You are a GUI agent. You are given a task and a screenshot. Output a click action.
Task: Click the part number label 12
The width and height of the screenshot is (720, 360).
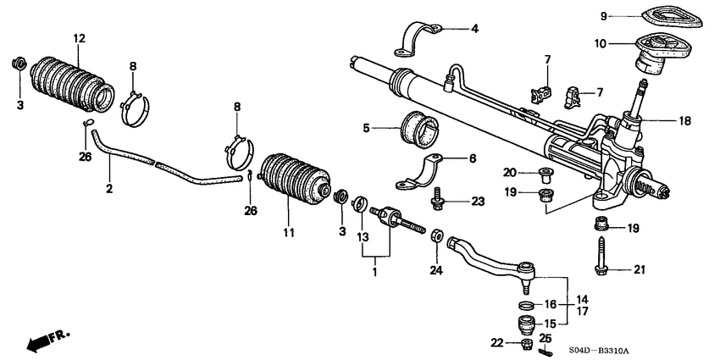pos(79,39)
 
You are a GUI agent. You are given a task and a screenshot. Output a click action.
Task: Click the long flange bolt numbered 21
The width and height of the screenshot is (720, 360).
pos(601,256)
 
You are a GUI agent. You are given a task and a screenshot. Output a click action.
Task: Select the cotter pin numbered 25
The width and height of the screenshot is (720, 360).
pos(545,350)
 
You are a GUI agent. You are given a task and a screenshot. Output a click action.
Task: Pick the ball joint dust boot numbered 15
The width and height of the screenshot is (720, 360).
pos(527,323)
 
